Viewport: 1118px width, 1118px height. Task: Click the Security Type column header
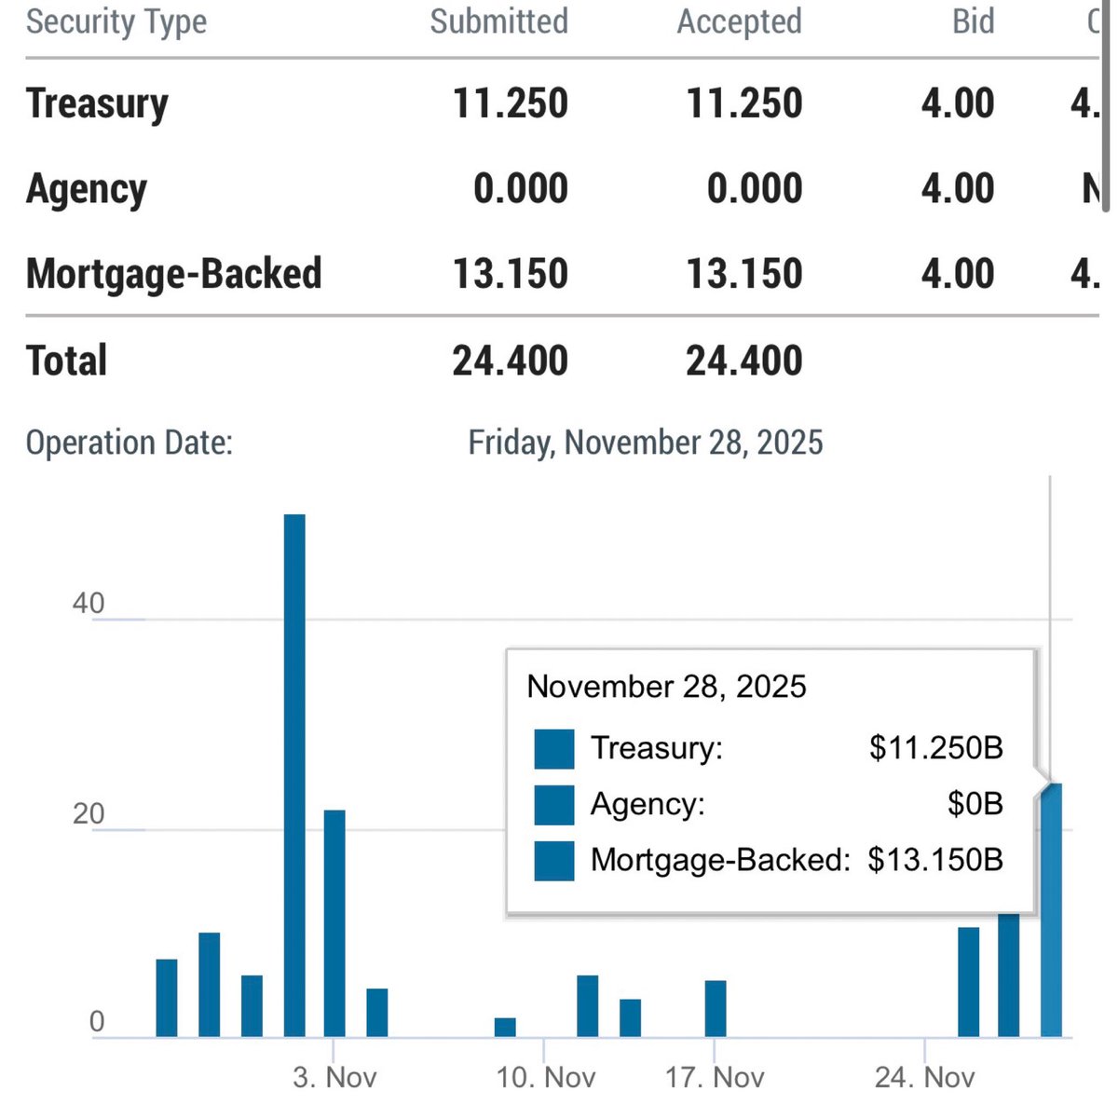pyautogui.click(x=116, y=22)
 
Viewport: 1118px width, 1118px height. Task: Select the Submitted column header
pyautogui.click(x=498, y=22)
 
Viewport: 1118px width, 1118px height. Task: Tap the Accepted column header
pyautogui.click(x=739, y=22)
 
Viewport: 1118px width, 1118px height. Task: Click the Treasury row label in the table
pyautogui.click(x=97, y=103)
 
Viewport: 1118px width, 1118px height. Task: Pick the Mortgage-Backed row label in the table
pyautogui.click(x=173, y=274)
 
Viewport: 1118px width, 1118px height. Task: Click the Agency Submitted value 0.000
pyautogui.click(x=520, y=189)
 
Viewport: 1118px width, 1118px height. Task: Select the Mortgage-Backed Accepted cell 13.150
pyautogui.click(x=743, y=274)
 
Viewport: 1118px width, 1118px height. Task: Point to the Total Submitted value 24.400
pyautogui.click(x=510, y=361)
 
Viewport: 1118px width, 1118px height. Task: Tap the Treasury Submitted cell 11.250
pyautogui.click(x=510, y=103)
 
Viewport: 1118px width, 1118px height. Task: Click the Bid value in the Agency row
pyautogui.click(x=957, y=189)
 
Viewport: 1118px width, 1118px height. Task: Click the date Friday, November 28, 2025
pyautogui.click(x=645, y=443)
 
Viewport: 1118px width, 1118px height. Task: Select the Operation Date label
pyautogui.click(x=129, y=443)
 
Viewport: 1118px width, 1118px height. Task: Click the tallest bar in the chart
pyautogui.click(x=294, y=773)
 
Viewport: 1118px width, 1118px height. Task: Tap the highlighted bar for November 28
pyautogui.click(x=1051, y=909)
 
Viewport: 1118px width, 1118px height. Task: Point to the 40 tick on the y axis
pyautogui.click(x=89, y=604)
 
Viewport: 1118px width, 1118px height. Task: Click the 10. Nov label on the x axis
pyautogui.click(x=545, y=1078)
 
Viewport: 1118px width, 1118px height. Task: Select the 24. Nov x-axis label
pyautogui.click(x=924, y=1078)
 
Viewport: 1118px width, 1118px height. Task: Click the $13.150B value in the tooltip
pyautogui.click(x=934, y=860)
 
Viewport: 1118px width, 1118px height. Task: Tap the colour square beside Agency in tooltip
pyautogui.click(x=554, y=805)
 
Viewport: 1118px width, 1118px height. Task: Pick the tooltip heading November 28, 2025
pyautogui.click(x=666, y=688)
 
